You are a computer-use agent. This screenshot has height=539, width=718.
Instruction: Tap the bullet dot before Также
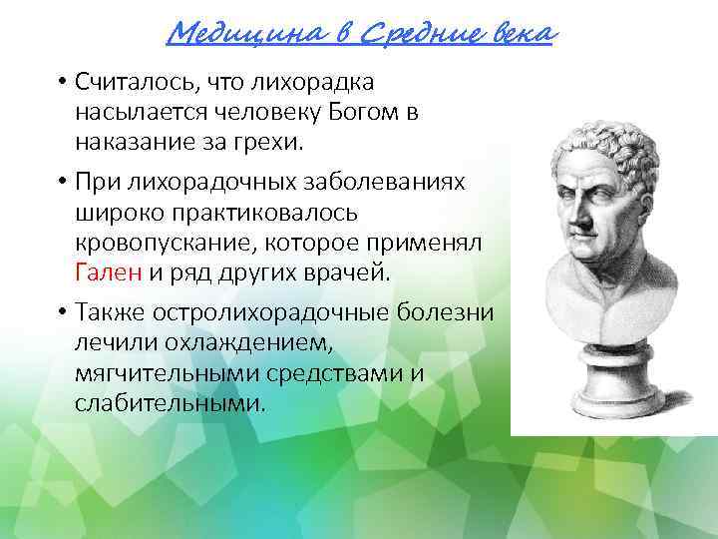[x=61, y=312]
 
